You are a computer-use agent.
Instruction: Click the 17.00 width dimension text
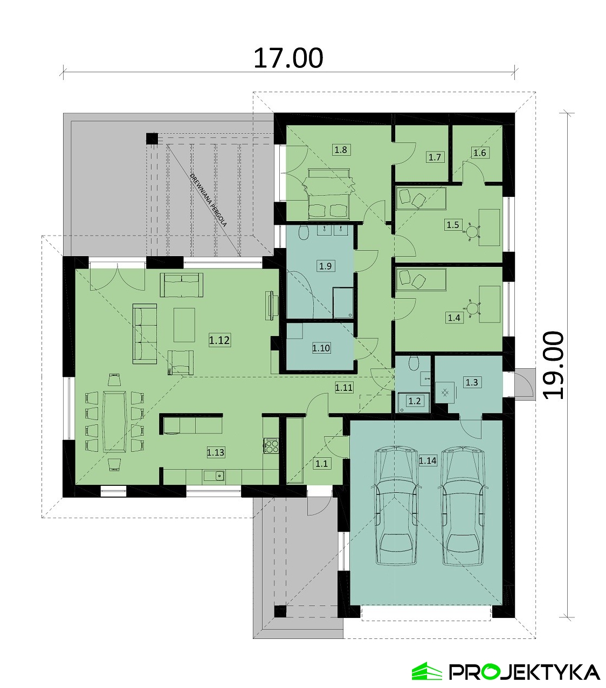(288, 58)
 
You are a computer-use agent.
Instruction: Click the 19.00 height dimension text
(553, 366)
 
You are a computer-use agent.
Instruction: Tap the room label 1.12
(219, 340)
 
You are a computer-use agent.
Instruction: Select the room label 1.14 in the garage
(428, 460)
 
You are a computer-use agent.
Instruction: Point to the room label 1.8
(341, 149)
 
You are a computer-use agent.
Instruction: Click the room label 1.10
(321, 348)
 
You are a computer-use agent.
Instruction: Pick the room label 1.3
(472, 382)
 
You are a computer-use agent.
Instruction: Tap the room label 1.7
(435, 157)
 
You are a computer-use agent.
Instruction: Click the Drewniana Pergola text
(208, 201)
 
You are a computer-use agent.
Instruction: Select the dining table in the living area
(115, 421)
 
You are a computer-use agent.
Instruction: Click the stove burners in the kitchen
(271, 445)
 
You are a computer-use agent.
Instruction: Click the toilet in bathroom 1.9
(304, 233)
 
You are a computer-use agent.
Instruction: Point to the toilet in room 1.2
(414, 364)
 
